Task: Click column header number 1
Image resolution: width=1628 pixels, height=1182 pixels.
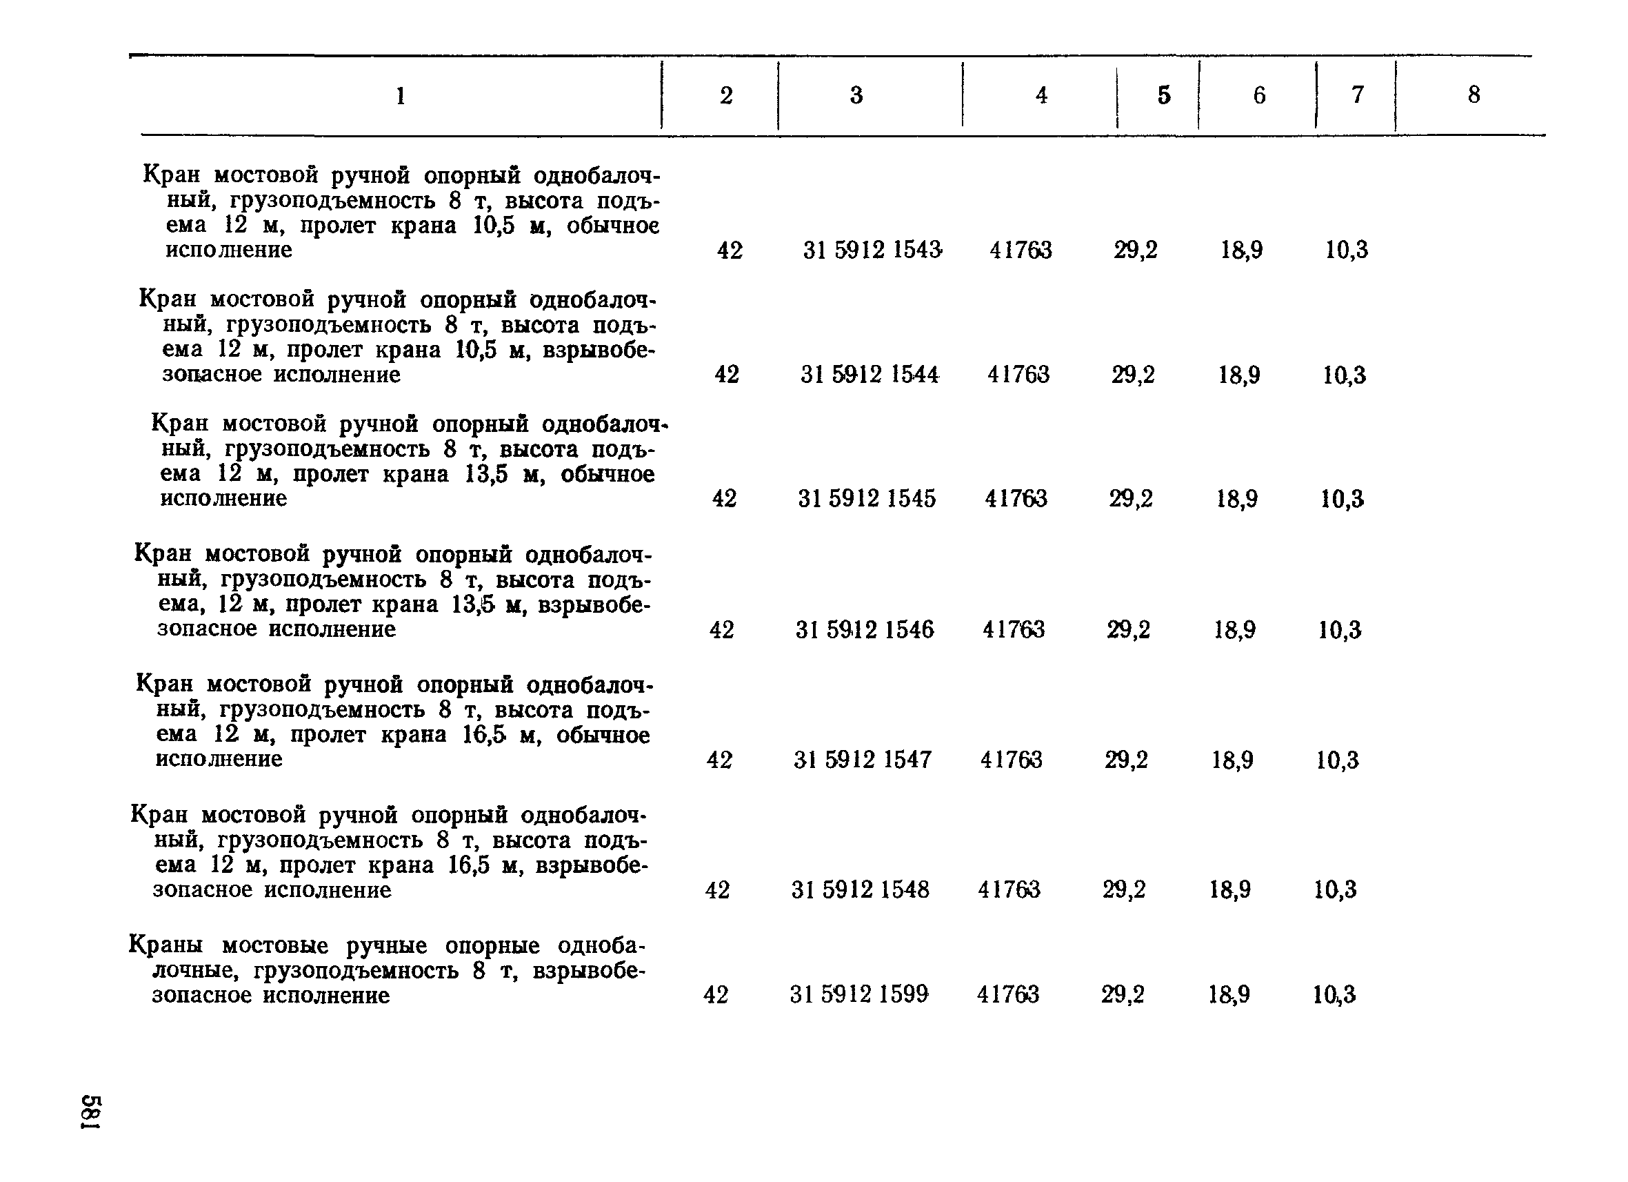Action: pos(401,95)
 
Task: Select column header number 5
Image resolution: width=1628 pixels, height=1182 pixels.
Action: pos(1163,95)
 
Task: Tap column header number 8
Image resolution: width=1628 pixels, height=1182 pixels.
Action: pos(1474,94)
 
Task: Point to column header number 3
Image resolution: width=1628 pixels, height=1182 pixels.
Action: pos(856,95)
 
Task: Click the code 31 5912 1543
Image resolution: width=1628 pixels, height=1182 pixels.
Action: pos(872,250)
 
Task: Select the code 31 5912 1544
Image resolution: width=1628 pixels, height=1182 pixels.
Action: pos(870,374)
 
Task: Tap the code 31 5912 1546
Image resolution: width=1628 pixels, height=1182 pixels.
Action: pos(864,630)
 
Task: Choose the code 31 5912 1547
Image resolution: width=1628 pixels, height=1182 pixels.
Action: pos(862,759)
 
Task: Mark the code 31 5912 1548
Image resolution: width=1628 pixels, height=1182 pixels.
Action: pos(860,889)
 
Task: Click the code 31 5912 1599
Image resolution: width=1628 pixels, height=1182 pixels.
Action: pos(858,994)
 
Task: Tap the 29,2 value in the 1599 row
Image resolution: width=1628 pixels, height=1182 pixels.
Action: pos(1123,994)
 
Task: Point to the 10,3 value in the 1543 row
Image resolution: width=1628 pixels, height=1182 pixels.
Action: pos(1347,250)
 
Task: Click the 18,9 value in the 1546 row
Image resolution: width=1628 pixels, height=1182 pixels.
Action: pos(1235,630)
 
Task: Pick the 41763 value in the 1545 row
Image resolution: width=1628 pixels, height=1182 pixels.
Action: pos(1016,498)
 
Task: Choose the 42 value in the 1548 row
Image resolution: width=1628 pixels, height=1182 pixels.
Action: pos(718,889)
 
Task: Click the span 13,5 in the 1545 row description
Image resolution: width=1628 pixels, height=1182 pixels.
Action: pos(486,475)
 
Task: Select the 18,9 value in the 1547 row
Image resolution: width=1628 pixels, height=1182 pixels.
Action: pos(1232,760)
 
